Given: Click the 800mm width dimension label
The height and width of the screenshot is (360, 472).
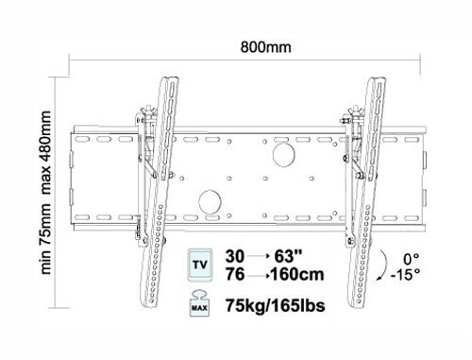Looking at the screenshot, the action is [265, 47].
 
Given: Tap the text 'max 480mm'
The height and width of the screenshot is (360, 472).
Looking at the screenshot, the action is [46, 152].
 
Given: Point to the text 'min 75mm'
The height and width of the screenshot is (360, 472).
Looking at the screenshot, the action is [46, 238].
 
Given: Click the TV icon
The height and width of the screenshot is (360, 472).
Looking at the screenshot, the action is [200, 265].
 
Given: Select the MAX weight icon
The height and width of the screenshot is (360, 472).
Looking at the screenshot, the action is [199, 303].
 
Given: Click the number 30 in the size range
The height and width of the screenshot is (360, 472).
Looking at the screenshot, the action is [235, 256].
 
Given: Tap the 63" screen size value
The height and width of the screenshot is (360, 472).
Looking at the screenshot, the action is [288, 256].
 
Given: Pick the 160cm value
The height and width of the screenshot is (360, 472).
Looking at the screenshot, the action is [297, 274].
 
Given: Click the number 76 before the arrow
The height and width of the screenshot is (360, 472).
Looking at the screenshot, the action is [235, 274].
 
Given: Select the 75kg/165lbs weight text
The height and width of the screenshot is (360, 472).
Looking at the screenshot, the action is [275, 305].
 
